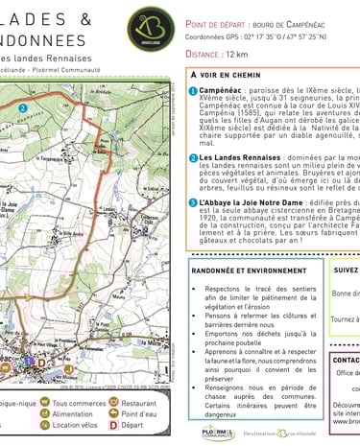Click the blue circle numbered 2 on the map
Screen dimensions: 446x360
(x=21, y=109)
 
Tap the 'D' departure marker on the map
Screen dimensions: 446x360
(x=41, y=361)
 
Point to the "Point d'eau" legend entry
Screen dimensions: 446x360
(x=139, y=414)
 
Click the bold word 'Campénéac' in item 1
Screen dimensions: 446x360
(x=222, y=88)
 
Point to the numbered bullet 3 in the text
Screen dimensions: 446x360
(x=193, y=202)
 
